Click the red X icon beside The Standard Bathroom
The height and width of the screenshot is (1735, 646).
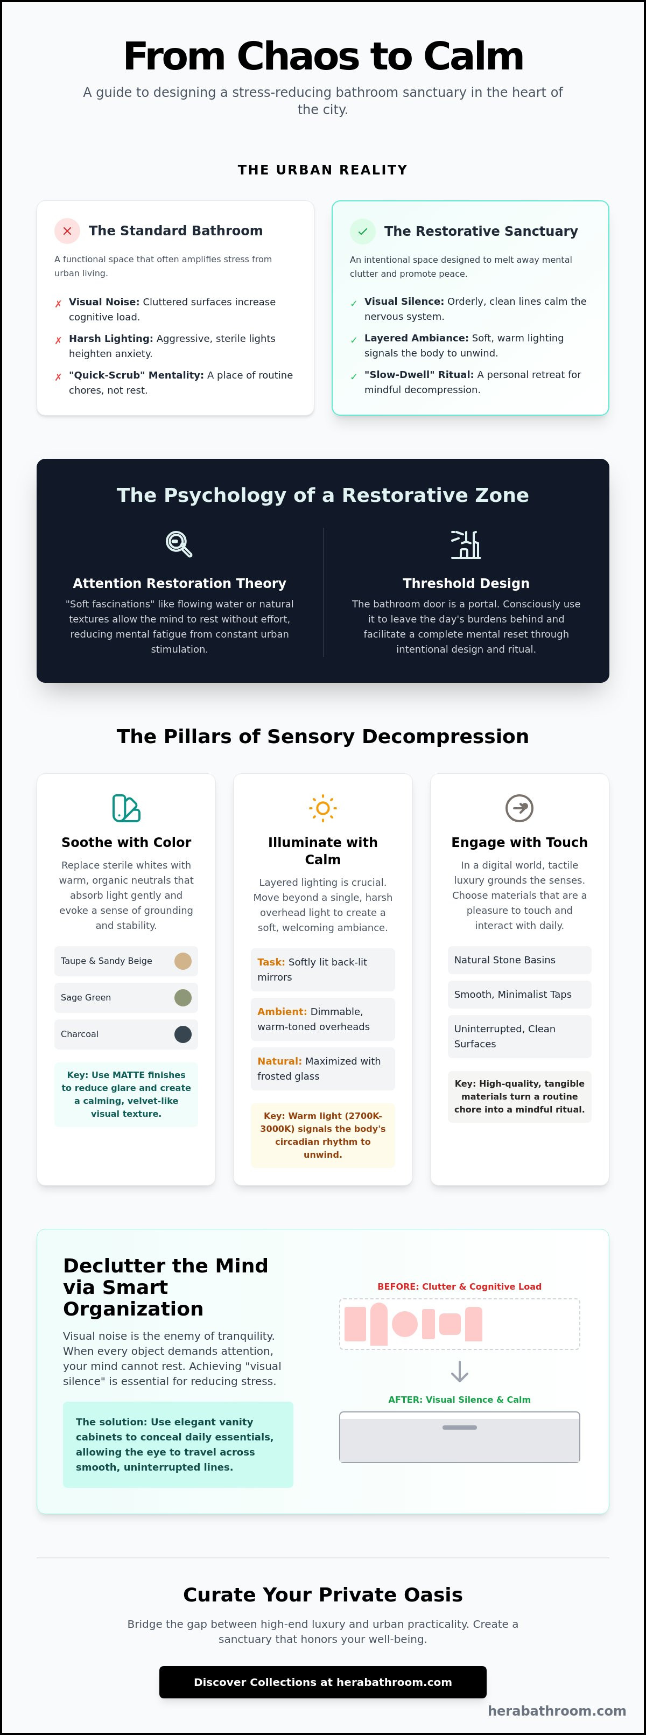click(x=67, y=231)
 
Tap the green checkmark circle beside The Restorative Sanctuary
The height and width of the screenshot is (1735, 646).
click(x=362, y=232)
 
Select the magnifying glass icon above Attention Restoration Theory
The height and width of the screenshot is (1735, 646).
click(x=179, y=543)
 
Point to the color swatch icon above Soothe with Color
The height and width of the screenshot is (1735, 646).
click(x=126, y=808)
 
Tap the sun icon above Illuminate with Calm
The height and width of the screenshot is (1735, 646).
click(x=322, y=808)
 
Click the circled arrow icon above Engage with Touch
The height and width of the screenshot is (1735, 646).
click(x=519, y=808)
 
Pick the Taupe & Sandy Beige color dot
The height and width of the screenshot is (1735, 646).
click(x=182, y=961)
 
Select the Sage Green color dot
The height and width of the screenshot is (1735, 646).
click(x=182, y=997)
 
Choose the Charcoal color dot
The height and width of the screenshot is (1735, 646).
click(x=182, y=1034)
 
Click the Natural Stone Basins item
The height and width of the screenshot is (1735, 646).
click(x=519, y=960)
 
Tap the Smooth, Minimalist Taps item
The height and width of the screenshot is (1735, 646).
click(x=519, y=994)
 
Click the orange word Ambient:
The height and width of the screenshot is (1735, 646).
click(x=282, y=1012)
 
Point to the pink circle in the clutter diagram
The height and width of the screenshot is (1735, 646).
click(x=405, y=1324)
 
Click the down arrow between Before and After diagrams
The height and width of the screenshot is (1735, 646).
click(x=459, y=1372)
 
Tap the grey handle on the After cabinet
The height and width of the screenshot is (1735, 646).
click(x=459, y=1427)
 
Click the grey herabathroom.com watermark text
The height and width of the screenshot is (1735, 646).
click(x=557, y=1711)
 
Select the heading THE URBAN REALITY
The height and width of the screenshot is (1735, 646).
click(x=322, y=170)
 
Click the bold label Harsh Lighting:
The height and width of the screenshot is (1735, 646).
click(x=111, y=338)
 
